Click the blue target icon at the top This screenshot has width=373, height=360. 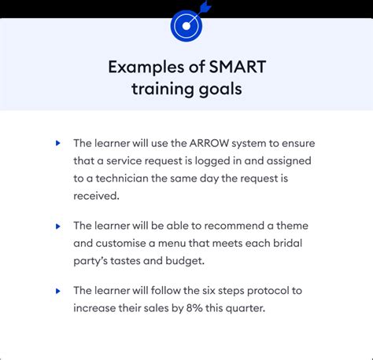click(186, 25)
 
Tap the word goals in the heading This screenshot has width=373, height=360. click(220, 89)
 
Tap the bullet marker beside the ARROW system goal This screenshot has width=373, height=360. click(58, 144)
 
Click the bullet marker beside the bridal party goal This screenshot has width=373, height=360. click(58, 226)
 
